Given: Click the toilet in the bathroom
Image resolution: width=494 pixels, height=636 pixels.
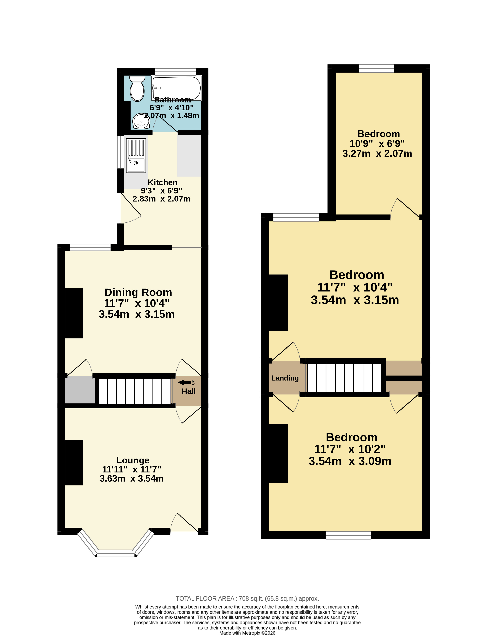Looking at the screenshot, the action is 137,89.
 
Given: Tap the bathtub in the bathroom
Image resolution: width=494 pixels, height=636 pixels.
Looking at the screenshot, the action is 176,88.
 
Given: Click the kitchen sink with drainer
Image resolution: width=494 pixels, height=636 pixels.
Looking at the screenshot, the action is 136,155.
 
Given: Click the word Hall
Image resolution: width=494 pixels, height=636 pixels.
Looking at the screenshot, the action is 188,391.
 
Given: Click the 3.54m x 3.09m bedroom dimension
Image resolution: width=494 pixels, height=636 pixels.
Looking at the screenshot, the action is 350,461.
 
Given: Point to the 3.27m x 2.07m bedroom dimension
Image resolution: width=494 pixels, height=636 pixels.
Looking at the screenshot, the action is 377,153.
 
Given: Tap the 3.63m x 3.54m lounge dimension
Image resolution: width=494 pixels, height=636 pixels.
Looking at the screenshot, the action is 132,478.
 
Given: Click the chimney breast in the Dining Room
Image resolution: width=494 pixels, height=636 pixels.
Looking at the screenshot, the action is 74,313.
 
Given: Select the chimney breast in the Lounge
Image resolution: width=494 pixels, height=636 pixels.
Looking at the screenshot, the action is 74,463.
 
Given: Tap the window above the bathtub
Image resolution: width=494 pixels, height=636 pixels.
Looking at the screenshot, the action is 175,72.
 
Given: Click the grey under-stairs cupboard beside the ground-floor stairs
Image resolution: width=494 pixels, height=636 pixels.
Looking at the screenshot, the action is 80,390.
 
